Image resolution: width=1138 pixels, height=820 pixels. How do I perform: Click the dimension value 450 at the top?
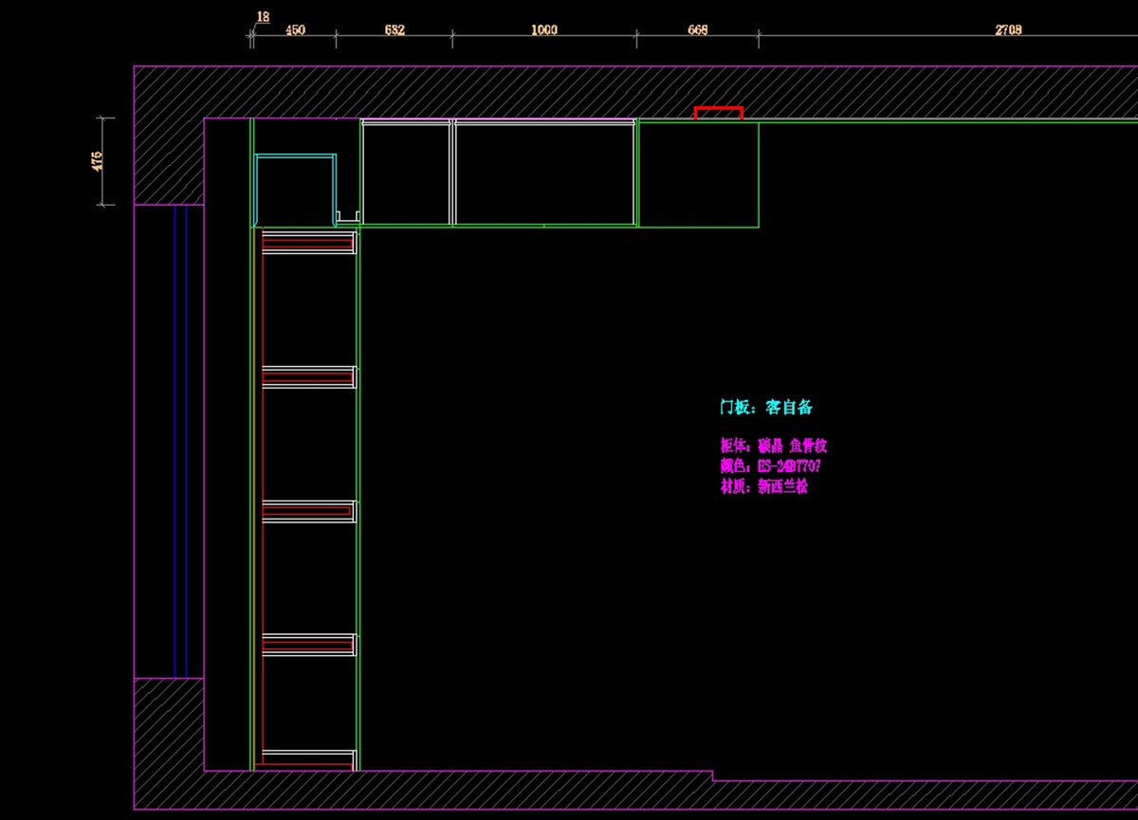tap(295, 30)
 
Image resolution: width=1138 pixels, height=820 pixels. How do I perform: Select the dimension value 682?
tap(395, 30)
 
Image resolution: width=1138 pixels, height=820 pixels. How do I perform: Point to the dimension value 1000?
tap(544, 30)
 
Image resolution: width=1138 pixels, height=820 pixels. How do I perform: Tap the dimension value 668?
tap(697, 30)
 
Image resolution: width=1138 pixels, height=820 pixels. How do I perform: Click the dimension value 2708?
tap(1008, 30)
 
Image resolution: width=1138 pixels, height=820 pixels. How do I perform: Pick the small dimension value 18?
tap(263, 16)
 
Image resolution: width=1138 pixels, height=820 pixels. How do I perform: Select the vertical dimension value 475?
tap(97, 160)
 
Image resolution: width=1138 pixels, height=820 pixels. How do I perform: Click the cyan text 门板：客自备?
tap(765, 408)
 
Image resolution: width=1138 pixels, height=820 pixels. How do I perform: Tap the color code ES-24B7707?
tap(788, 466)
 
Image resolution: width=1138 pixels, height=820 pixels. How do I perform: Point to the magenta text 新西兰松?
tap(782, 487)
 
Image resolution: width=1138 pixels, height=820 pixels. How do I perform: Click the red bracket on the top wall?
tap(718, 111)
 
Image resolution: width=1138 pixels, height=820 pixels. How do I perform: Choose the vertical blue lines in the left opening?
tap(180, 441)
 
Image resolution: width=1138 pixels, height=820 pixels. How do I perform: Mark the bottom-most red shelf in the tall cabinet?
tap(307, 758)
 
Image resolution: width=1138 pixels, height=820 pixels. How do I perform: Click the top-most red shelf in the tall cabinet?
tap(307, 243)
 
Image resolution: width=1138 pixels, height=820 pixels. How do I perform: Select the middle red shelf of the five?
tap(307, 511)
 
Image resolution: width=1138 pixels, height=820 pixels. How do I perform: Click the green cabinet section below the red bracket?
tap(698, 174)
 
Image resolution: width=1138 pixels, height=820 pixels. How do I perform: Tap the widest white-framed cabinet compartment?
tap(544, 173)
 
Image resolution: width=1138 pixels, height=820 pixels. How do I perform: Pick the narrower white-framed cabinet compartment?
tap(406, 173)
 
